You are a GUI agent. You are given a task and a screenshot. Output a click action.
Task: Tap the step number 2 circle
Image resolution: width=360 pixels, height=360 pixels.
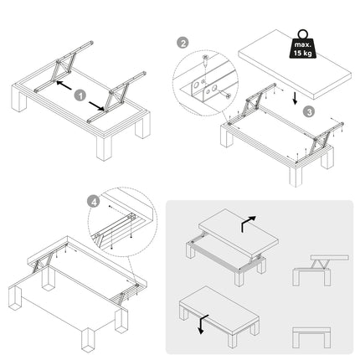point(183,43)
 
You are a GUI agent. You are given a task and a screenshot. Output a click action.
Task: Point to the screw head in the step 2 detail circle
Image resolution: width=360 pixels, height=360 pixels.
point(204,59)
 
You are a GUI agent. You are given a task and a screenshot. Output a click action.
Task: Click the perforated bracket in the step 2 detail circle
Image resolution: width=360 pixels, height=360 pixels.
point(208,86)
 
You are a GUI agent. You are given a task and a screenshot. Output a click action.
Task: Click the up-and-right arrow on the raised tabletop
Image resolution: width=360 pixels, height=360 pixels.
point(244,224)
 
